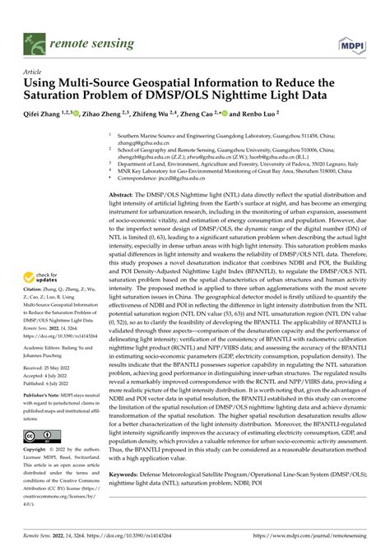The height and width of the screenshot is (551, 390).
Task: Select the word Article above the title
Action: (34, 72)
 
